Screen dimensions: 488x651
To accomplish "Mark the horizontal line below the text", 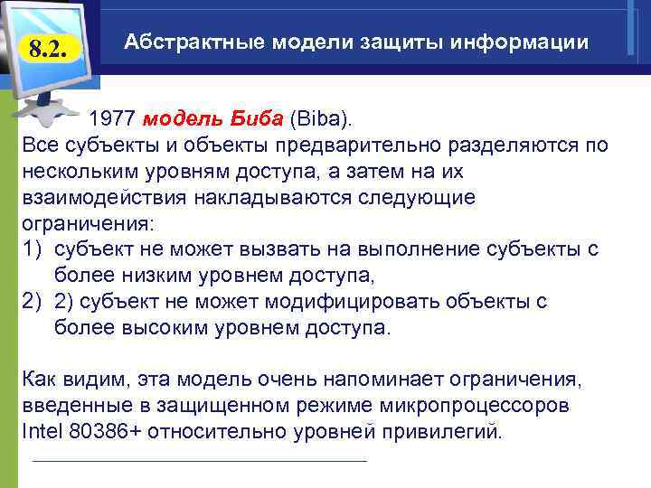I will coord(199,461).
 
